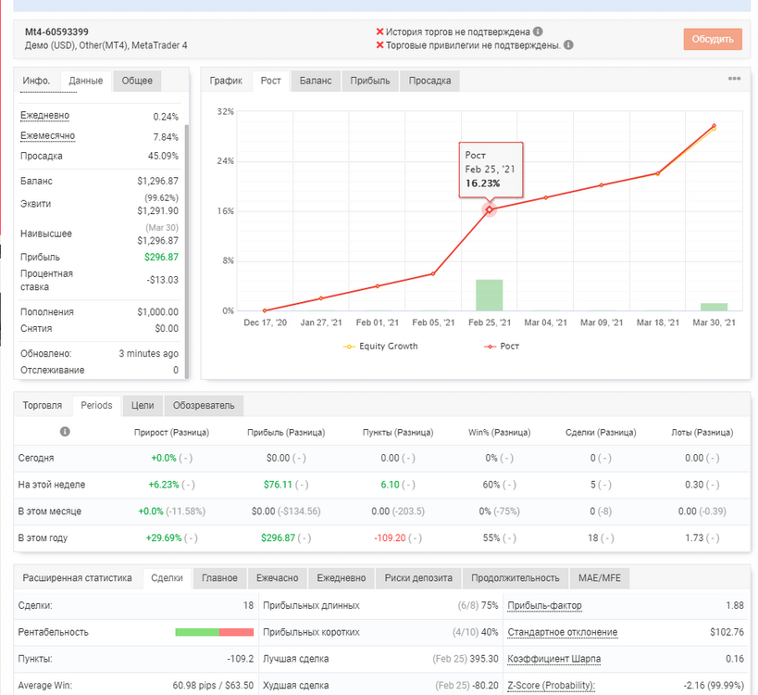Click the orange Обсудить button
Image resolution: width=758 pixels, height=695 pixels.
[713, 39]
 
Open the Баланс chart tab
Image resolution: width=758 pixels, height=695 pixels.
[316, 81]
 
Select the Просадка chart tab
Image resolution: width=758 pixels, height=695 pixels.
[429, 81]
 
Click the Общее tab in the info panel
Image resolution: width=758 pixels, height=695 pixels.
[137, 81]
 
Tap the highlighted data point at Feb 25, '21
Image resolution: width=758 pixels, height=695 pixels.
[490, 209]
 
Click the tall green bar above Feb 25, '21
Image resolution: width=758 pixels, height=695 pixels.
[490, 295]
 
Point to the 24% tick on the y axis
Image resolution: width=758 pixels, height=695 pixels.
[225, 161]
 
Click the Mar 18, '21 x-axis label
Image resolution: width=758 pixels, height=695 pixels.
[657, 322]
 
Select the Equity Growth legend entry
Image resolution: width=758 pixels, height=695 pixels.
[380, 346]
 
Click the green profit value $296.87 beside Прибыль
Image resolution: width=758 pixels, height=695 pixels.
[161, 257]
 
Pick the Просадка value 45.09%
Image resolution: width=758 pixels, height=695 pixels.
[163, 156]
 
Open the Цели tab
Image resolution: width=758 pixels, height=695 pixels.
[143, 406]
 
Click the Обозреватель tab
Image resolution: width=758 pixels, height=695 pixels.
[204, 406]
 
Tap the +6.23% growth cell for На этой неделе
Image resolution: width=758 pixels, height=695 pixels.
[164, 485]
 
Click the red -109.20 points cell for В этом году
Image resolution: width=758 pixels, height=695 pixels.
[391, 537]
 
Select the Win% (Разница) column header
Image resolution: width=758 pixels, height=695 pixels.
[500, 432]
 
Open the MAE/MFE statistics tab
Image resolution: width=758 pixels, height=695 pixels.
[600, 578]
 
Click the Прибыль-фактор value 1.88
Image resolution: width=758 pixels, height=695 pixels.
[734, 605]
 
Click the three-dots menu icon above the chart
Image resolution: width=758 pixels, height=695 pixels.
[734, 79]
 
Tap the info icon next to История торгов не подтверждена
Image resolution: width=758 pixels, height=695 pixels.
[538, 32]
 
